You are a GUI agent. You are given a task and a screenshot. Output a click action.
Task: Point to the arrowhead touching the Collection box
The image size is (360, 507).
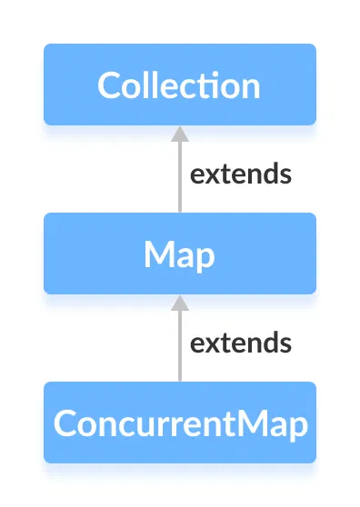(180, 133)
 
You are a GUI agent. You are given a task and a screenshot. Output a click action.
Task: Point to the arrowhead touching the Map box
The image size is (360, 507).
(180, 302)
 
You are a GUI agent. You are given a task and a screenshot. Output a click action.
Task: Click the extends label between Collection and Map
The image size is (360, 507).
(240, 174)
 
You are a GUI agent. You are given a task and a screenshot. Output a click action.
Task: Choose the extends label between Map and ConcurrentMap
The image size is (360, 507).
(240, 343)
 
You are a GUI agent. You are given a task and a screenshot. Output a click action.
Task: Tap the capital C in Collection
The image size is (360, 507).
(109, 85)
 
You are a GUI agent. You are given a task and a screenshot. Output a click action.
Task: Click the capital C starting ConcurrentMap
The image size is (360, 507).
(65, 423)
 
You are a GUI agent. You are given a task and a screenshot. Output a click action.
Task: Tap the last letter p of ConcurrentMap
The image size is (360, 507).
(297, 427)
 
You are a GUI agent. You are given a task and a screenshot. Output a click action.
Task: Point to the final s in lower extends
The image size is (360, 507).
(285, 344)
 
